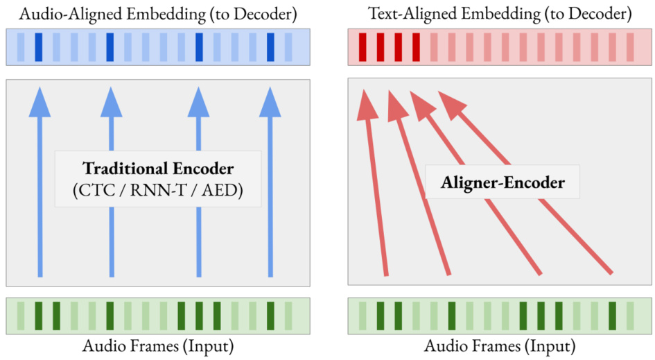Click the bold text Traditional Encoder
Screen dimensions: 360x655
pos(158,169)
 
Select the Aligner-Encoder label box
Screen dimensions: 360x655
pos(503,183)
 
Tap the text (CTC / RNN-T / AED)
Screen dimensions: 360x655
pos(158,190)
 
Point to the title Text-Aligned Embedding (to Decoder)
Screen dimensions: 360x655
pos(499,13)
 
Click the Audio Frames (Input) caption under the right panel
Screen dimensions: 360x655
pos(500,345)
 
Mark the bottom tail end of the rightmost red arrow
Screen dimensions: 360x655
pos(611,271)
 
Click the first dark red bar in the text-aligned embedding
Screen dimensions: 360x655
pos(363,46)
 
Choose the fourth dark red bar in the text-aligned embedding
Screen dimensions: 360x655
pos(416,46)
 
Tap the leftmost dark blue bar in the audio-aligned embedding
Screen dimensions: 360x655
pos(39,46)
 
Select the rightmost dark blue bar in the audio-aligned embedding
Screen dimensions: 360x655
pos(270,46)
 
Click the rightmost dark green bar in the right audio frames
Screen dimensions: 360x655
pos(612,316)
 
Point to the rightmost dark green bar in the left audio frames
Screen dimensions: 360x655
pos(270,316)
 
